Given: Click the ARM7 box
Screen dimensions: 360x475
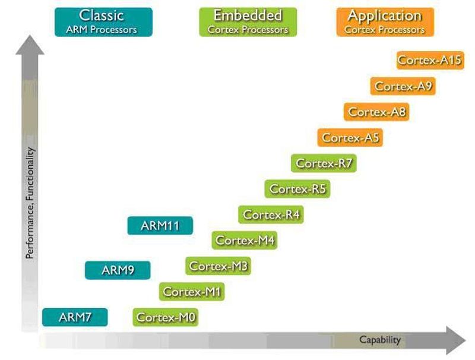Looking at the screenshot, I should coord(75,317).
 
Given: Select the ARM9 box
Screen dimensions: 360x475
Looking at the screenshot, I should coord(118,270).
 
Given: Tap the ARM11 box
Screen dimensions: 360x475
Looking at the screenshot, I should coord(160,226).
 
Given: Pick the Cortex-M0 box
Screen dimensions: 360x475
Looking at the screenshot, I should coord(166,318).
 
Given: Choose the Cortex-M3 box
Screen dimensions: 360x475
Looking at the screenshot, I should coord(218,266).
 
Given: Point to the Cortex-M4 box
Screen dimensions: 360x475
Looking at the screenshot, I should coord(245,241).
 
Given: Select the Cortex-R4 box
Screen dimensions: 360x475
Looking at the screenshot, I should coord(271,214).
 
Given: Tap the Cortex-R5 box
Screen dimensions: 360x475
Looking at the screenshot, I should coord(297,189).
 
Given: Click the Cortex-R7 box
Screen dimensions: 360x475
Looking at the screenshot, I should coord(324,163).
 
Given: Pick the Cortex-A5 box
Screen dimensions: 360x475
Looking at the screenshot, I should coord(350,138).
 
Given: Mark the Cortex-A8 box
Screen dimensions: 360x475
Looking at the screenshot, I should coord(376,112).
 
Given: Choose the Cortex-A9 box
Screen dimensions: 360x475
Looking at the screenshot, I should coord(403,86).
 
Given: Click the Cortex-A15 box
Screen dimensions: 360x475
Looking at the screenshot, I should coord(430,60).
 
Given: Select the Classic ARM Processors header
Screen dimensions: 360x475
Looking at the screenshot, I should coord(103,21).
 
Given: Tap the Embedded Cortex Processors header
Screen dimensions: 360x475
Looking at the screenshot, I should coord(248,21).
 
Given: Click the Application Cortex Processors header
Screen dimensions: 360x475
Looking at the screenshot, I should coord(385,21).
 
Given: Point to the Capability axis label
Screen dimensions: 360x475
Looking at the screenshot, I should coord(380,340).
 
